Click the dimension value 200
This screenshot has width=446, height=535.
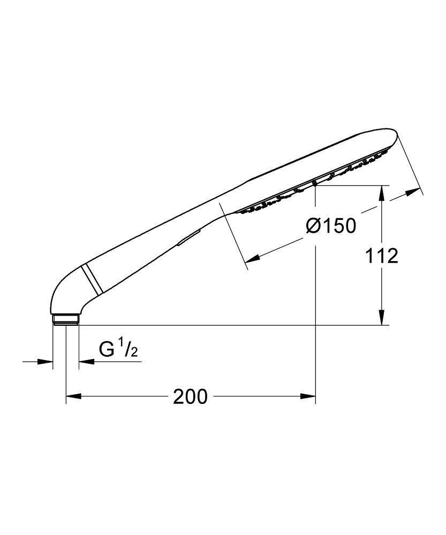pos(190,396)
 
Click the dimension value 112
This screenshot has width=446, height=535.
pos(382,256)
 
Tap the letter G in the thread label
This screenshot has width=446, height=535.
pos(107,349)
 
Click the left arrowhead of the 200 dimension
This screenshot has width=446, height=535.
pos(73,396)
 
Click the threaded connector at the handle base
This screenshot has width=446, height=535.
pos(66,319)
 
